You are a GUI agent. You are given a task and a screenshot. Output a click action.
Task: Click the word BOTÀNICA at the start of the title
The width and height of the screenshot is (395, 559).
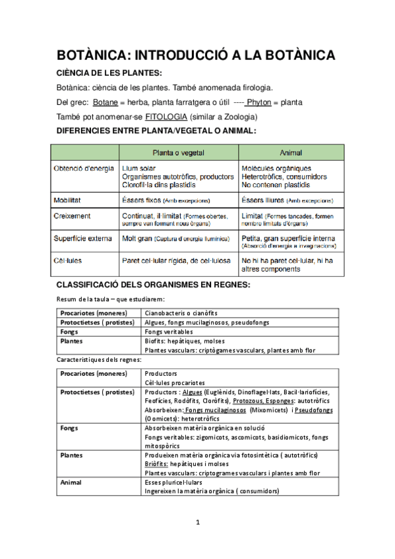(98, 55)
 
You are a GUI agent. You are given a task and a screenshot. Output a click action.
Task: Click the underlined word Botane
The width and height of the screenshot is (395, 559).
(106, 102)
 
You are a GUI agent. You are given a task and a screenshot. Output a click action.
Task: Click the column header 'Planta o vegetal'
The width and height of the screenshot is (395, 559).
(178, 152)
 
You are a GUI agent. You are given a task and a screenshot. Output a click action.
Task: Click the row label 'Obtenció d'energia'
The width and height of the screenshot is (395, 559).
(84, 169)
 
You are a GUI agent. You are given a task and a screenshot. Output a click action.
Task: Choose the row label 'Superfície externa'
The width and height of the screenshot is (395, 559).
(83, 239)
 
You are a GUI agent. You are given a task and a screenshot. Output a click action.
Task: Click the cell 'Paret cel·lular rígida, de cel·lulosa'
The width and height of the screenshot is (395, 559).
(175, 261)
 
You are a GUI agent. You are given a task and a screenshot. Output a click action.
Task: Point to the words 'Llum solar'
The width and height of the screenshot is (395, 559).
(139, 169)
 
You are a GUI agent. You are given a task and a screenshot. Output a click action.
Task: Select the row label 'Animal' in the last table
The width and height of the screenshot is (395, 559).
(72, 482)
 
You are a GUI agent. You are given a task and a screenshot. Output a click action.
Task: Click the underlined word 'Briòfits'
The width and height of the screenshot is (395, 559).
(158, 463)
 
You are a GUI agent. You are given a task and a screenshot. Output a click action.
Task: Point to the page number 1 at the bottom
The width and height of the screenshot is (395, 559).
(197, 523)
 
